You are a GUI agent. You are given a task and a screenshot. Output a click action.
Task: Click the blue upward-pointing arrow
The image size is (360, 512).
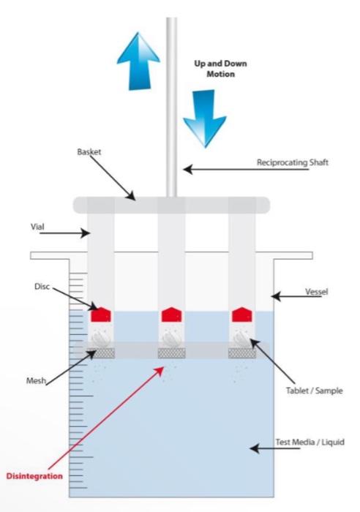click(x=138, y=61)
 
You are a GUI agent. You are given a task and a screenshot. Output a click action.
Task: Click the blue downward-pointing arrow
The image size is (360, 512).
click(x=204, y=118)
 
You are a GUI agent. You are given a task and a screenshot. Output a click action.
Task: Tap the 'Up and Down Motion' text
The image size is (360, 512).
click(x=220, y=69)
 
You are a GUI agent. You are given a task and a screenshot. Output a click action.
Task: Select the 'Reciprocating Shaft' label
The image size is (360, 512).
click(x=293, y=162)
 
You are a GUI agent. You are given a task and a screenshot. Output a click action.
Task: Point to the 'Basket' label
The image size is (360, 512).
click(x=89, y=152)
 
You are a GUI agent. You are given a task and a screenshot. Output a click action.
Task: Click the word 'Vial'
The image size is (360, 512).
click(x=37, y=227)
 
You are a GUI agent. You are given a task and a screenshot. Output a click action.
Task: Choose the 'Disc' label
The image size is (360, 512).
click(x=42, y=287)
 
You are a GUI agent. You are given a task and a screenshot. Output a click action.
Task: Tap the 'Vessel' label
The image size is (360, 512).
click(x=317, y=292)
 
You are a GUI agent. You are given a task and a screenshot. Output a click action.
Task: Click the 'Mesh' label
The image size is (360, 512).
click(x=36, y=381)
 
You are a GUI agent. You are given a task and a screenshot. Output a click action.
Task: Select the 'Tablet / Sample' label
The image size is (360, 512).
click(x=314, y=391)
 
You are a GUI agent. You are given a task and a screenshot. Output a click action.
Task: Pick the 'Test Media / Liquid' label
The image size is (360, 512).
click(x=310, y=442)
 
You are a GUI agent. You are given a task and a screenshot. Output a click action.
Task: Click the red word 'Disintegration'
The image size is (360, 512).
click(x=34, y=476)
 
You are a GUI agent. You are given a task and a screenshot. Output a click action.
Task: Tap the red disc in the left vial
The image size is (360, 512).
click(x=101, y=315)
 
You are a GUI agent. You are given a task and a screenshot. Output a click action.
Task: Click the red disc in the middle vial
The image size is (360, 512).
click(x=171, y=315)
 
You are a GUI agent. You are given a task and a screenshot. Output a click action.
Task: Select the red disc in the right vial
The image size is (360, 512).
click(x=242, y=315)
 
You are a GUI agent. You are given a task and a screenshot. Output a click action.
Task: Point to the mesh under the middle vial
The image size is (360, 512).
click(x=172, y=353)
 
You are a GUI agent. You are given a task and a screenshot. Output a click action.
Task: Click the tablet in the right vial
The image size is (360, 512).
click(x=242, y=338)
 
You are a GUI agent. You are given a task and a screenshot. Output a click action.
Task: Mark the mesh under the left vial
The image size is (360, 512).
click(x=101, y=353)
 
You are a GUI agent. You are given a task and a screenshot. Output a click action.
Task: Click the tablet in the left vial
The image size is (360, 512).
click(x=101, y=338)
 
